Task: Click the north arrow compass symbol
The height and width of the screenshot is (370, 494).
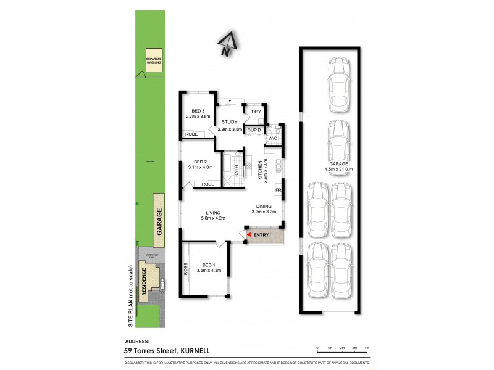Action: click(x=227, y=45)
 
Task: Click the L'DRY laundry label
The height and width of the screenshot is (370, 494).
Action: click(x=256, y=112)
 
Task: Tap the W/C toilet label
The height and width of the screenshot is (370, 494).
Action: click(x=272, y=139)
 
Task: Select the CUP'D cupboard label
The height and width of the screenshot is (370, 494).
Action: click(x=255, y=130)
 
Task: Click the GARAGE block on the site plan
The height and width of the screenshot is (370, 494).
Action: click(x=159, y=219)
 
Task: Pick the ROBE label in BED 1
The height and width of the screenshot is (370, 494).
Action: click(x=186, y=269)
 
